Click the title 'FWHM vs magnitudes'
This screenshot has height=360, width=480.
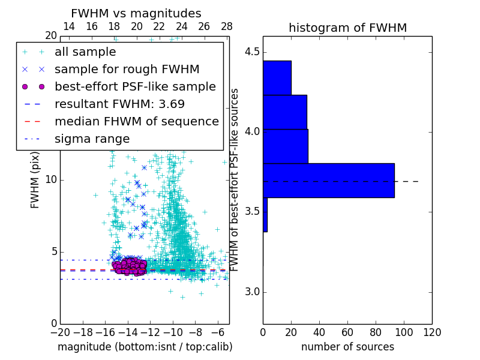[x=136, y=14]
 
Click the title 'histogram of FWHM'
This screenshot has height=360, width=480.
[x=347, y=28]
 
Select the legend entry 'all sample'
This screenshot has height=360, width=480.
[x=85, y=52]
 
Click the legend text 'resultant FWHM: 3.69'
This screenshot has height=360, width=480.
[x=119, y=104]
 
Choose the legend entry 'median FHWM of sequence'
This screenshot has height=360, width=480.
[x=136, y=121]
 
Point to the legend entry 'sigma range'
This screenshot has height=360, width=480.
[x=92, y=139]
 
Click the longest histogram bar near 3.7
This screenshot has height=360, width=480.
[x=328, y=180]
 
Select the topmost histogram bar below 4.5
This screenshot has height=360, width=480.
[x=277, y=77]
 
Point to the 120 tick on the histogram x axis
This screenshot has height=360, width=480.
[x=431, y=332]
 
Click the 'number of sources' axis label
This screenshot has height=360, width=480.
[x=347, y=347]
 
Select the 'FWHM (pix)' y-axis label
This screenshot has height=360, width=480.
[x=35, y=180]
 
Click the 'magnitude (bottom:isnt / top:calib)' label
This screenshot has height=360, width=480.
[x=145, y=347]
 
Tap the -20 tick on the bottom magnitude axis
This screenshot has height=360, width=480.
[x=60, y=332]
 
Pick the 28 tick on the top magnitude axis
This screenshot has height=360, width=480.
[x=227, y=26]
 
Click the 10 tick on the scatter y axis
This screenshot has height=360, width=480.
[x=51, y=180]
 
